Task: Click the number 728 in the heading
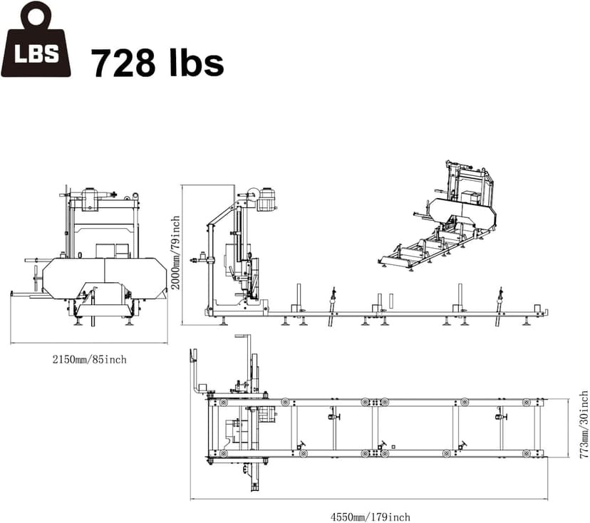coord(122,62)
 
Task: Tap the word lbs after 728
coord(191,62)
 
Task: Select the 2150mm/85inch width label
coord(89,359)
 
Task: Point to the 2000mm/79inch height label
coord(175,252)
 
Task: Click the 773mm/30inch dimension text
coord(584,425)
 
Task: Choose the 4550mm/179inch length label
coord(369,517)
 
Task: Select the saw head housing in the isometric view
coord(461,208)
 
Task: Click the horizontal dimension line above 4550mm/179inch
coord(369,499)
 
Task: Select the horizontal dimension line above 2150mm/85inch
coord(89,343)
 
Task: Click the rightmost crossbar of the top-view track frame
coord(527,428)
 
